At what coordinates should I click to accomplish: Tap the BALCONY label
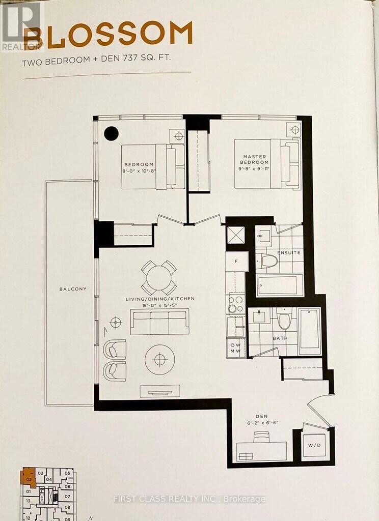point(72,289)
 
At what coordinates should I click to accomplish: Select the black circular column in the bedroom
point(111,134)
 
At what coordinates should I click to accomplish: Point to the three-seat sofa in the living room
point(159,322)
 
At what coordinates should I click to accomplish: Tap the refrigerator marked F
point(236,262)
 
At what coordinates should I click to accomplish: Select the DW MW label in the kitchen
point(236,348)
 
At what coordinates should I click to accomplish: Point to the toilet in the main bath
point(284,321)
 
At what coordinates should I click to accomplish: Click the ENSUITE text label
point(289,253)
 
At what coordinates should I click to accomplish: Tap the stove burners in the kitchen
point(236,304)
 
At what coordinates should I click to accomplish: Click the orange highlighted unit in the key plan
point(28,478)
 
